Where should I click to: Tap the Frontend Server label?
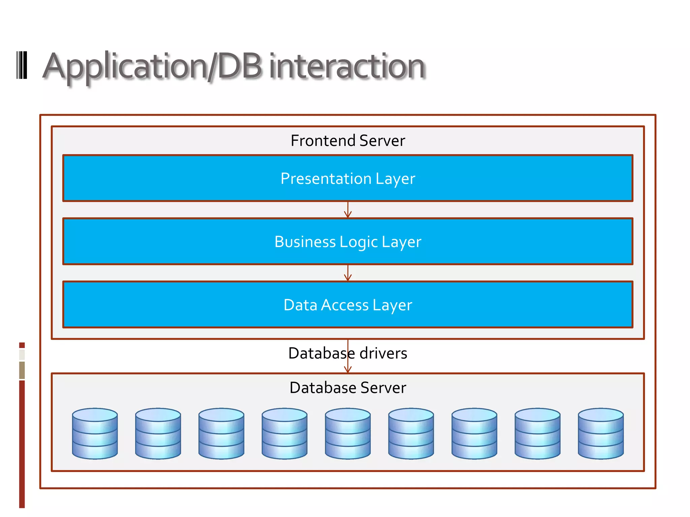click(x=348, y=141)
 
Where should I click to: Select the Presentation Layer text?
click(x=348, y=178)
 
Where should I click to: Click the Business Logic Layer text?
click(x=348, y=242)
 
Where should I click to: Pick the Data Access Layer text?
click(x=348, y=305)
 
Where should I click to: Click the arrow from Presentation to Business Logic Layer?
click(x=348, y=210)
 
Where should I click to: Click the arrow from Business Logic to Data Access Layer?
click(x=348, y=273)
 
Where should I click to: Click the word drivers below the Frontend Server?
click(x=383, y=353)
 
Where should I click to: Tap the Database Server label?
click(x=348, y=388)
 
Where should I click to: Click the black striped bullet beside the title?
click(x=22, y=65)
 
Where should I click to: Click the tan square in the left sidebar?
click(x=22, y=370)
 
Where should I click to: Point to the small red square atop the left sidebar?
click(x=22, y=345)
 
